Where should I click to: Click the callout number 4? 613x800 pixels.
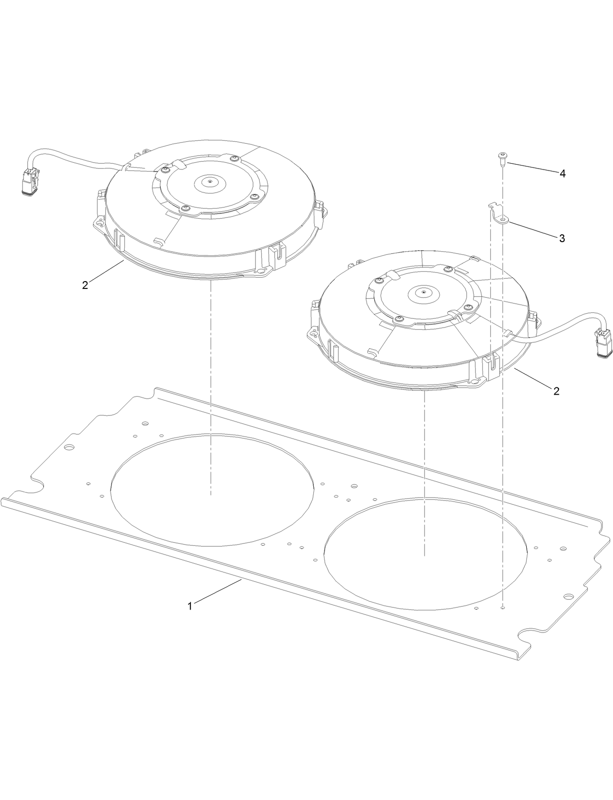tap(562, 174)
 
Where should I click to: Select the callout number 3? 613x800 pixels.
tap(562, 238)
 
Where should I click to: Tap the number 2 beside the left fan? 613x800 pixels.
tap(85, 286)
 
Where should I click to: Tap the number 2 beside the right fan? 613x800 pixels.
tap(556, 391)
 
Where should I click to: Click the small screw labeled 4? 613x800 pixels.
tap(501, 157)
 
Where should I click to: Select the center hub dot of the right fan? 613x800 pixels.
tap(423, 293)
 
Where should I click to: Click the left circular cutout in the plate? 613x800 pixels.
tap(212, 489)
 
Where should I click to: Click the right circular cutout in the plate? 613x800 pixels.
tap(425, 553)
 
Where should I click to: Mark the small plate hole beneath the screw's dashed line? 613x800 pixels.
tap(502, 608)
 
